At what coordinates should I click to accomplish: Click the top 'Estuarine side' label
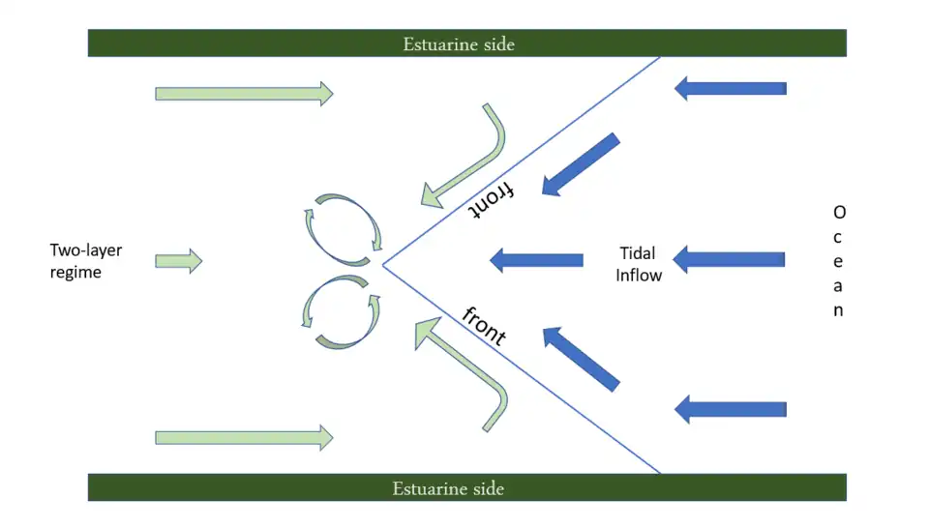pyautogui.click(x=459, y=44)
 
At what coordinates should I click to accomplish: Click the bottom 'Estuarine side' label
pyautogui.click(x=448, y=488)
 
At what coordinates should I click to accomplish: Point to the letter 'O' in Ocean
pyautogui.click(x=838, y=212)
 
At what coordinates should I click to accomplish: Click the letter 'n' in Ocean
pyautogui.click(x=838, y=310)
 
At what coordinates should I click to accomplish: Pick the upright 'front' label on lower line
pyautogui.click(x=484, y=326)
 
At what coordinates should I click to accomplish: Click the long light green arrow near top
pyautogui.click(x=244, y=94)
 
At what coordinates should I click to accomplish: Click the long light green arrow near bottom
pyautogui.click(x=244, y=437)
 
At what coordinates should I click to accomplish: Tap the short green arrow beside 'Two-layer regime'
pyautogui.click(x=178, y=260)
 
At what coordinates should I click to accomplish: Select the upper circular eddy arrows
pyautogui.click(x=344, y=225)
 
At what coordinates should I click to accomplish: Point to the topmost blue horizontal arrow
pyautogui.click(x=730, y=89)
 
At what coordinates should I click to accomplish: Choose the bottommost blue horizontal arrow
pyautogui.click(x=730, y=409)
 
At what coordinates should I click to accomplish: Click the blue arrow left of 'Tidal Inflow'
pyautogui.click(x=536, y=259)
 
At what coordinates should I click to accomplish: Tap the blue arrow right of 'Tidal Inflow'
pyautogui.click(x=730, y=259)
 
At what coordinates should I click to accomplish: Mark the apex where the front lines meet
pyautogui.click(x=383, y=264)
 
